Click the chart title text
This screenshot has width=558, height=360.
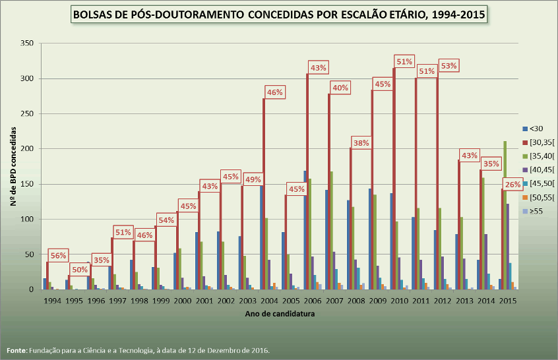(x=279, y=15)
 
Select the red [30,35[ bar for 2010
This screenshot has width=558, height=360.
(x=394, y=179)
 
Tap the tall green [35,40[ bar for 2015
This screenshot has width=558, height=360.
(x=505, y=215)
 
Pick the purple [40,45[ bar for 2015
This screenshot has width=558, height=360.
(x=508, y=247)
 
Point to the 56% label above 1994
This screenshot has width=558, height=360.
(x=58, y=255)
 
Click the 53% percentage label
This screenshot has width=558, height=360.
(x=449, y=66)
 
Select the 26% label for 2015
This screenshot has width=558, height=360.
(x=512, y=185)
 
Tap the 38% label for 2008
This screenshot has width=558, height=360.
(x=361, y=143)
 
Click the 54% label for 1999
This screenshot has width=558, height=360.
(x=167, y=220)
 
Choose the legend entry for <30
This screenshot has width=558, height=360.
(x=533, y=129)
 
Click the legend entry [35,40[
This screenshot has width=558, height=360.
(x=538, y=156)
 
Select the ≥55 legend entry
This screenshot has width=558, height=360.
(x=533, y=211)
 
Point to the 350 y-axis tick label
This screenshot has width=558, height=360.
(x=27, y=43)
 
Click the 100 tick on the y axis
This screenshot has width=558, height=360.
(x=27, y=219)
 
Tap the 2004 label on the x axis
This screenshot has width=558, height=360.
(x=269, y=301)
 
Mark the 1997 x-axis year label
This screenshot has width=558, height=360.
(x=117, y=301)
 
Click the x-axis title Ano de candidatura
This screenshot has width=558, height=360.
(x=280, y=314)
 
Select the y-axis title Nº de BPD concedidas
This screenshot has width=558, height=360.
(x=14, y=166)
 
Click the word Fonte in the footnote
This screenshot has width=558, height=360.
(x=16, y=350)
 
